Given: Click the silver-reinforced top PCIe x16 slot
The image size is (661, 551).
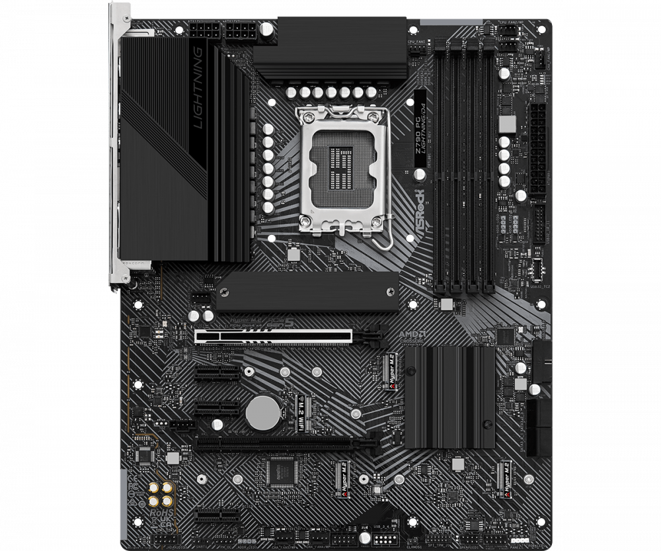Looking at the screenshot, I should point(273,336).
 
